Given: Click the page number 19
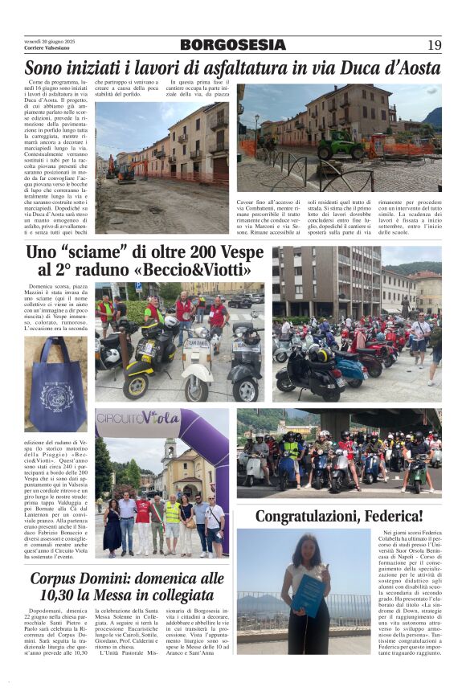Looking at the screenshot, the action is [434, 45].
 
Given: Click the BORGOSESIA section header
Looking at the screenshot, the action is [232, 45].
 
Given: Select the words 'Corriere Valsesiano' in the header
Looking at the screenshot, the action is [46, 49].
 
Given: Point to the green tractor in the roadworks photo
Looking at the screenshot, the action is [341, 145].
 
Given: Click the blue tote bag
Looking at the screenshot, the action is [55, 384].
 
